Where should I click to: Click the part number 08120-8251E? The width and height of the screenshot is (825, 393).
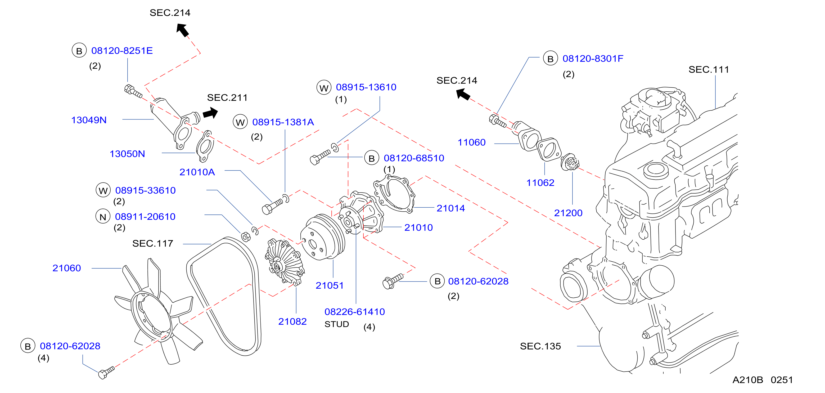click(122, 51)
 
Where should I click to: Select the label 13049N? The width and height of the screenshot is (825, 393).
click(89, 120)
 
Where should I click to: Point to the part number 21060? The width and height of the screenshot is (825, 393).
click(67, 268)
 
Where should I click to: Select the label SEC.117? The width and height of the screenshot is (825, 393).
click(153, 244)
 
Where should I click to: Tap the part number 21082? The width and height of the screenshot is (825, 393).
click(292, 321)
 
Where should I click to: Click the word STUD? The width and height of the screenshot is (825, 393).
click(337, 324)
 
